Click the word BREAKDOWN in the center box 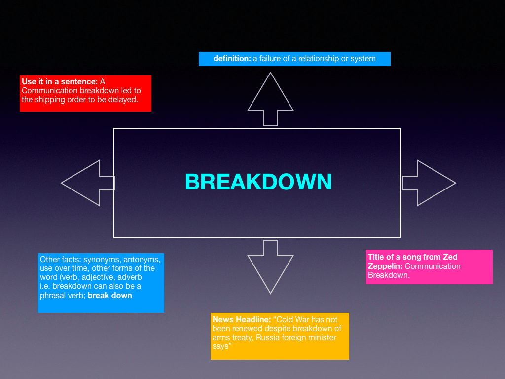(258, 182)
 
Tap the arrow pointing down (270, 266)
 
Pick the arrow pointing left (87, 183)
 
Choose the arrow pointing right (429, 183)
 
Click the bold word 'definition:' (232, 59)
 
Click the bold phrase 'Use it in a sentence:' (60, 81)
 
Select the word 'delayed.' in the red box (123, 100)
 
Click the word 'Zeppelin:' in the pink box (385, 266)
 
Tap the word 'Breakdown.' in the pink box (389, 275)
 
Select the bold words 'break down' (110, 295)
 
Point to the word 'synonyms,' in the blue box (101, 260)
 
